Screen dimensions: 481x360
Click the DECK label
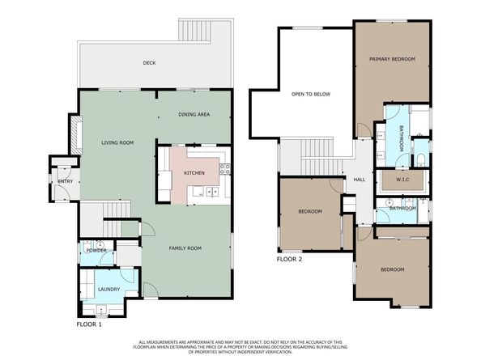click(x=149, y=63)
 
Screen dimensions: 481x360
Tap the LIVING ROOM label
click(x=117, y=142)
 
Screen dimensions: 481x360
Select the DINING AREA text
click(x=194, y=115)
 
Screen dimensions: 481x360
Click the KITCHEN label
click(x=194, y=173)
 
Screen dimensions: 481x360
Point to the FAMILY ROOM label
click(x=185, y=248)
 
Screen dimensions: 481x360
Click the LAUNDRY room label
click(x=109, y=290)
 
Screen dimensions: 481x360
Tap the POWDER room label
click(x=96, y=251)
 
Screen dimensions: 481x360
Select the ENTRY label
click(x=66, y=181)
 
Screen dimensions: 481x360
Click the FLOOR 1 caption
click(x=89, y=324)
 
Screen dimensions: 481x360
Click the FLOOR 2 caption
click(x=289, y=259)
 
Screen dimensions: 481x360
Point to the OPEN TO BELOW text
click(x=311, y=95)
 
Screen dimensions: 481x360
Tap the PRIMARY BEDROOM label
click(x=393, y=59)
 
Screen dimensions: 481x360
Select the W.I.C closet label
click(x=402, y=180)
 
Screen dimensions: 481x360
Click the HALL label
click(x=360, y=180)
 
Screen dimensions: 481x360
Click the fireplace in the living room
click(x=76, y=135)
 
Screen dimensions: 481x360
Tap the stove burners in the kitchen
click(x=225, y=169)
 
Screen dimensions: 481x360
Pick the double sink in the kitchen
click(x=212, y=192)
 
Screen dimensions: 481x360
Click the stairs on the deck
click(x=194, y=30)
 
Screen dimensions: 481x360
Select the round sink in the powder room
click(x=100, y=245)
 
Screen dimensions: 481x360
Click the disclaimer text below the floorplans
click(x=240, y=347)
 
